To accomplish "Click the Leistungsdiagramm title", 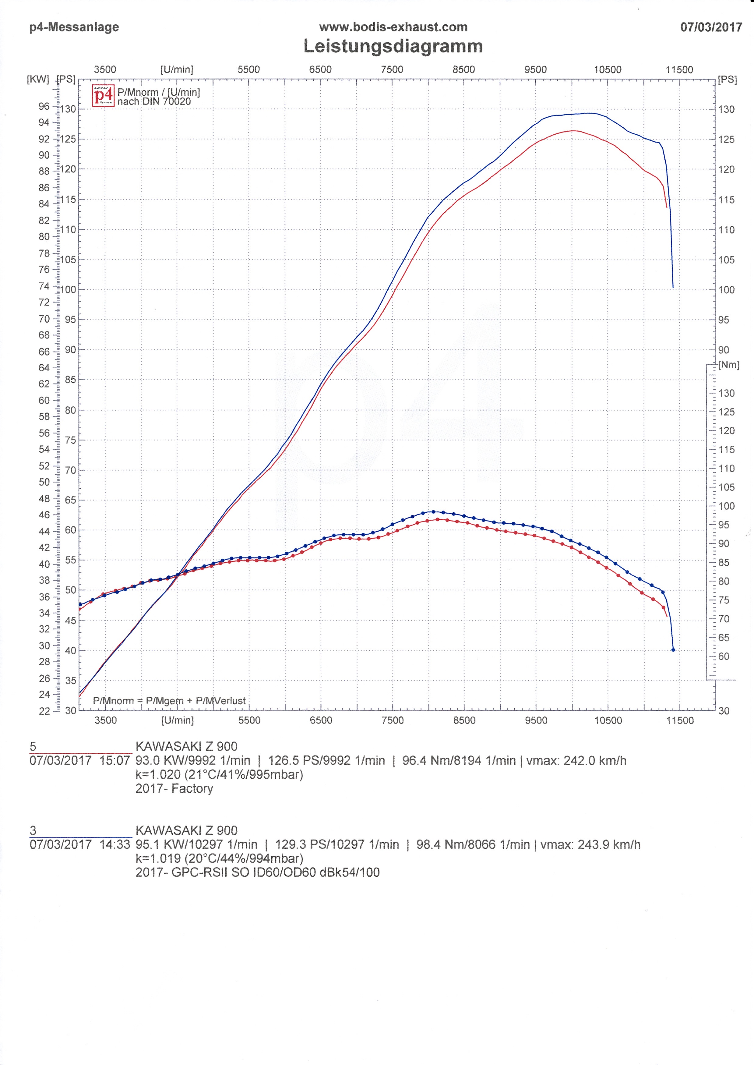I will (x=393, y=46).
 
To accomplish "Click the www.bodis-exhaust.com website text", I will (x=393, y=27).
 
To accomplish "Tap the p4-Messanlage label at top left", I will (x=74, y=27).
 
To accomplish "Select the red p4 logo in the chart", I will (x=103, y=96).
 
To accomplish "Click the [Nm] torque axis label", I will (x=728, y=365).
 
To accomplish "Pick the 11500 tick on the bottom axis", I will (x=679, y=720).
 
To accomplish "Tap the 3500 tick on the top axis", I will (x=105, y=70).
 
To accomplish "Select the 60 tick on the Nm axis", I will (x=723, y=656).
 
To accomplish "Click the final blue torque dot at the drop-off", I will (x=673, y=650).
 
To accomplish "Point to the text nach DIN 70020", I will (x=154, y=101).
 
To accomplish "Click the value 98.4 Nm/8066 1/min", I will (x=473, y=844).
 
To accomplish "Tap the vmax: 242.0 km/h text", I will (x=576, y=760).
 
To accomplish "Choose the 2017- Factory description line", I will (x=174, y=788).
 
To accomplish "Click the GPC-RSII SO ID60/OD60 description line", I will (x=257, y=872).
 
